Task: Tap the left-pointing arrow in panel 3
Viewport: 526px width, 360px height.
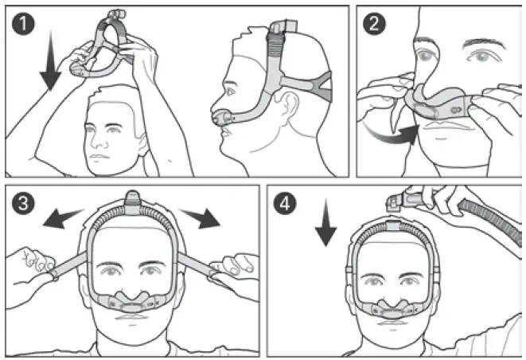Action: coord(65,217)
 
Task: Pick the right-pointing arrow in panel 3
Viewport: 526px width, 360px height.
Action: coord(199,217)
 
